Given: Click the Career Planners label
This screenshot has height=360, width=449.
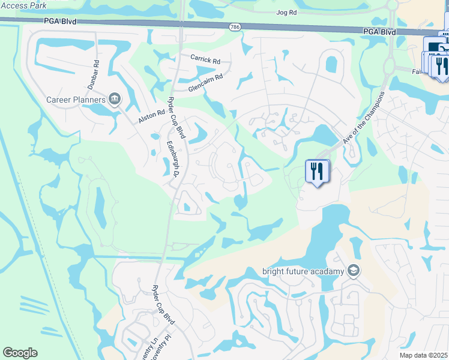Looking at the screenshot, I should [x=76, y=99].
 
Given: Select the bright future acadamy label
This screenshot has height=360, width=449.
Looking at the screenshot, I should [x=303, y=271].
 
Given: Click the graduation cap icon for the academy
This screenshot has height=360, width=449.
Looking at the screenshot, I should [x=354, y=271].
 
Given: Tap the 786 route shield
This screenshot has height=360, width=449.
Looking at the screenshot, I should [x=235, y=27].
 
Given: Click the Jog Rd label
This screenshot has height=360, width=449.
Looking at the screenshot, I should [x=287, y=12].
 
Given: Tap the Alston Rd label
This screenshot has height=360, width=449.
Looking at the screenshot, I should [x=151, y=116].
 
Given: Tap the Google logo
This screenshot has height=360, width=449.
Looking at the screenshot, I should [x=20, y=353].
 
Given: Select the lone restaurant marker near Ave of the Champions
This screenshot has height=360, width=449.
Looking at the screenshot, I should [x=316, y=172].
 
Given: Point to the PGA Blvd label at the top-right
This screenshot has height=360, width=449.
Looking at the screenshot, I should [x=378, y=31].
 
